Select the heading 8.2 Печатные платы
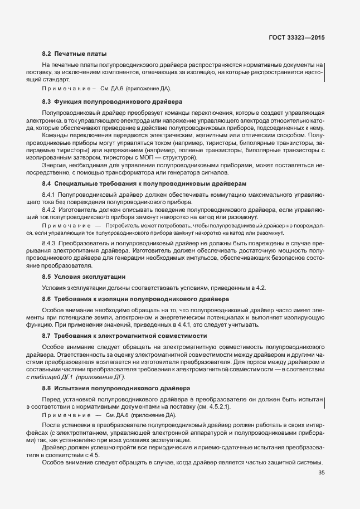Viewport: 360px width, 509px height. coord(74,54)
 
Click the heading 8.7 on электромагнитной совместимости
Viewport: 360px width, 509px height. coord(125,336)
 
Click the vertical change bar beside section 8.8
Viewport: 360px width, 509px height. coord(324,403)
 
